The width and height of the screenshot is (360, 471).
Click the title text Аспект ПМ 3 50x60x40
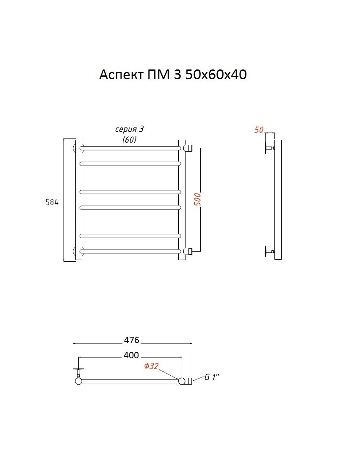173,75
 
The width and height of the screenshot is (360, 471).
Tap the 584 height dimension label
52,202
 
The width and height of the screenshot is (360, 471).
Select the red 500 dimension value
198,199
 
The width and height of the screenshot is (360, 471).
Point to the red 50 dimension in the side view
258,130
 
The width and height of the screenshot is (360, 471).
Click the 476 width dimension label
132,340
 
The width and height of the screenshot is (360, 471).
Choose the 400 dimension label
131,355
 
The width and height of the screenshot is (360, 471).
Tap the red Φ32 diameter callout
151,366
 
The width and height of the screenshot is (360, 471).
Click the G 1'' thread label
212,377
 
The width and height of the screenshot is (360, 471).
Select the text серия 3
130,129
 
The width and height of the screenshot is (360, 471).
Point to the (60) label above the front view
130,140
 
